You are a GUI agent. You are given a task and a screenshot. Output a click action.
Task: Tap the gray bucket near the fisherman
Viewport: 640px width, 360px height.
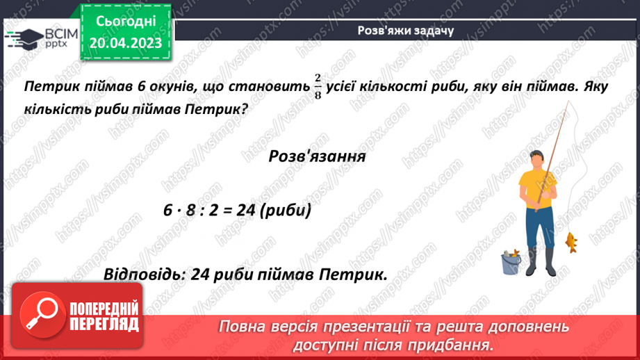(x=511, y=263)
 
